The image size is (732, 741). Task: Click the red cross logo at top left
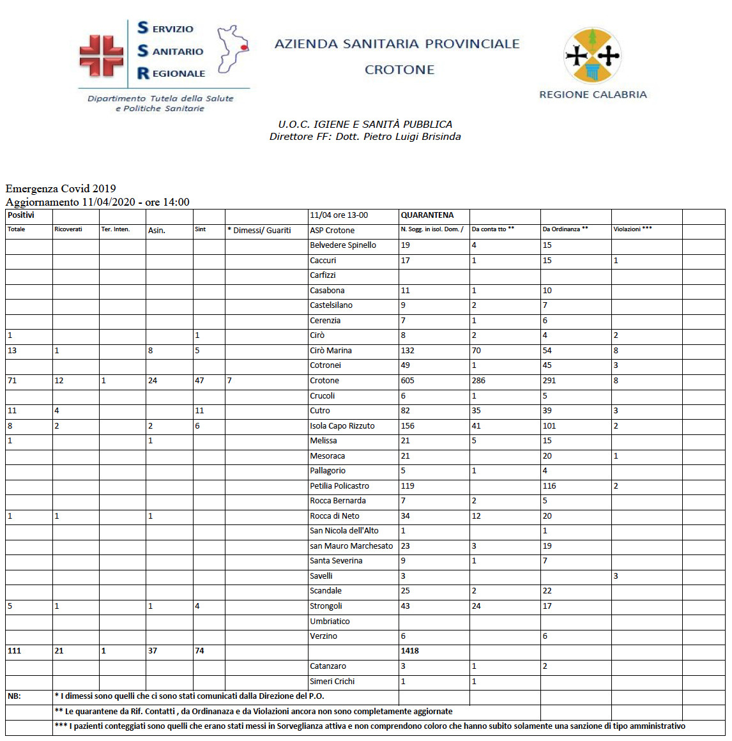tap(101, 56)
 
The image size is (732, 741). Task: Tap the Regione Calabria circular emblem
tap(593, 56)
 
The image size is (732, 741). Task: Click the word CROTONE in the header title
tap(399, 70)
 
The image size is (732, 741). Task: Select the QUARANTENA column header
tap(427, 215)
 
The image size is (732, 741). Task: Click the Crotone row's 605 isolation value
tap(408, 381)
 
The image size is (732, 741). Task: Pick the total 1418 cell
tap(410, 651)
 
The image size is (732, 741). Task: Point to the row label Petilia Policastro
tap(339, 486)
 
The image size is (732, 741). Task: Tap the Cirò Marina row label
tap(331, 351)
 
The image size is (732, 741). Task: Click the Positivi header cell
tap(21, 215)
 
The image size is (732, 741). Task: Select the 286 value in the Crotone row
tap(478, 381)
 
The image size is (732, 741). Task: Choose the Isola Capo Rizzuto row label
tap(342, 426)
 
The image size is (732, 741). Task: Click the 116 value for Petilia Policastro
tap(549, 486)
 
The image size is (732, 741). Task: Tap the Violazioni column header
tap(632, 229)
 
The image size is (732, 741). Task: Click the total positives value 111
tap(14, 651)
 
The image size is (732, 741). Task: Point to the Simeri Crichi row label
tap(332, 682)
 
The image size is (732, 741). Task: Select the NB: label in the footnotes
tap(14, 696)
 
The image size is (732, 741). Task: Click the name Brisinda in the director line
tap(441, 137)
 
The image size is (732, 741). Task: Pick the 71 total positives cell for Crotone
tap(12, 381)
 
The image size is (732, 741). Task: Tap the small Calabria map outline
tap(233, 49)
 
